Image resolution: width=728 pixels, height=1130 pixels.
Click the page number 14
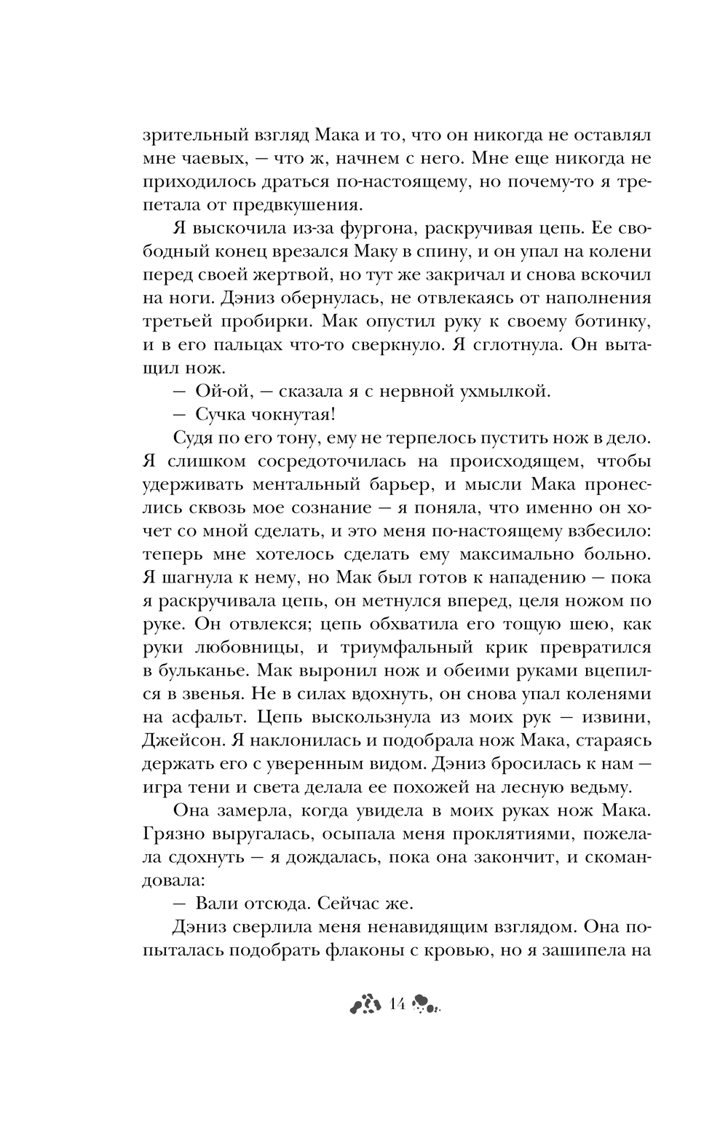[397, 1004]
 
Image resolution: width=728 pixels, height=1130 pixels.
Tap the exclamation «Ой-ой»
[222, 391]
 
